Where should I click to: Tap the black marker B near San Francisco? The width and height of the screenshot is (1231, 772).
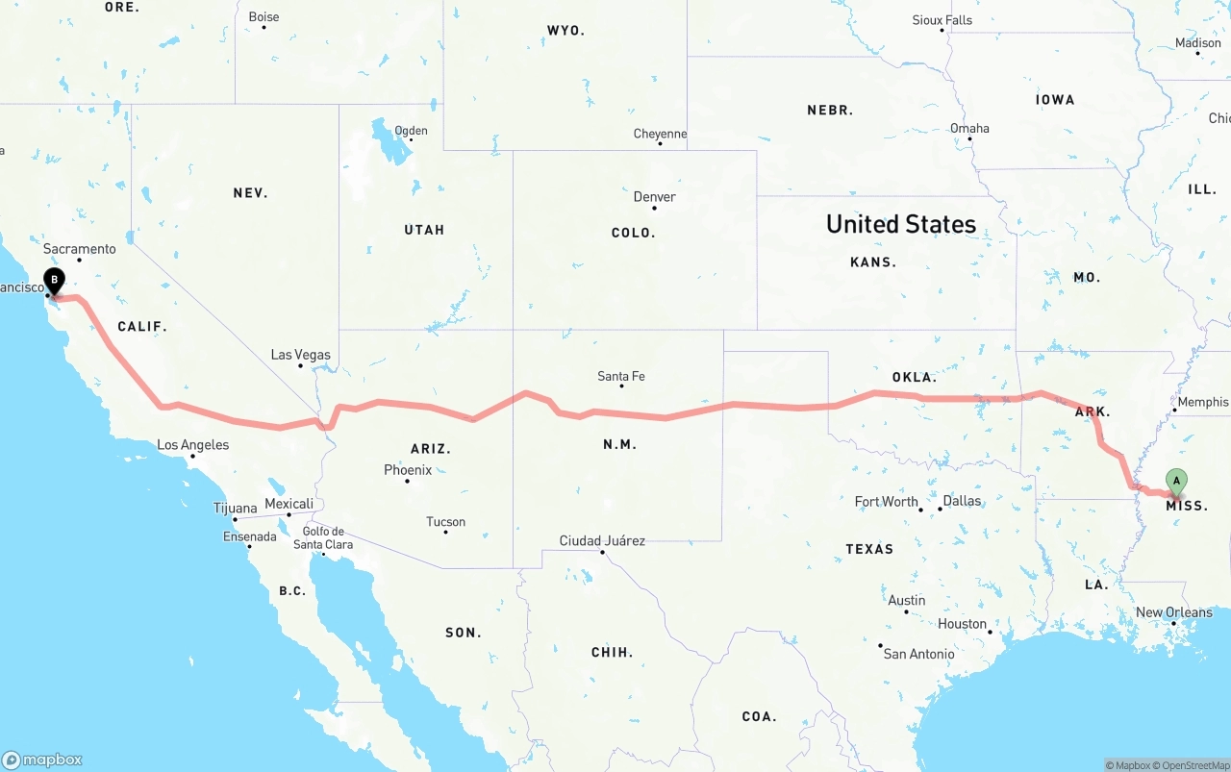click(55, 281)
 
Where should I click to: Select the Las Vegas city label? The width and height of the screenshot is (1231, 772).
click(300, 355)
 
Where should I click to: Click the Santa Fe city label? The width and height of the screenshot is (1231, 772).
click(621, 376)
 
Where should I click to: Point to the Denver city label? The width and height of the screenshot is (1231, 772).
click(654, 197)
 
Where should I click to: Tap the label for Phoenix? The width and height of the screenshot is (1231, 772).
click(408, 470)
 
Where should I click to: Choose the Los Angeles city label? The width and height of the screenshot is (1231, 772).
click(192, 445)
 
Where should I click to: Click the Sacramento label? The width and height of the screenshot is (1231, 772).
click(79, 249)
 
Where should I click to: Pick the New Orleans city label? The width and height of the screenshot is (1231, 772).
click(1174, 612)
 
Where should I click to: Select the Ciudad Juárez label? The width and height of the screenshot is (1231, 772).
click(602, 540)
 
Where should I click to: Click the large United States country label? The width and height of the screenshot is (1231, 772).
click(901, 224)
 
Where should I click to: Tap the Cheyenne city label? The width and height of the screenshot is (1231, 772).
click(660, 135)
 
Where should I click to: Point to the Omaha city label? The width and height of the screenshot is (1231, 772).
click(969, 129)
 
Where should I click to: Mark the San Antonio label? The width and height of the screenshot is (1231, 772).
click(918, 654)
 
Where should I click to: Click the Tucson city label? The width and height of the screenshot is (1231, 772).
click(445, 522)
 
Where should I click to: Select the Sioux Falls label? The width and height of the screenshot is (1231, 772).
click(942, 20)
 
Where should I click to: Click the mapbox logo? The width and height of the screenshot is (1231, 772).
click(42, 760)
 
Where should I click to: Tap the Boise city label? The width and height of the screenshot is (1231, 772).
click(264, 17)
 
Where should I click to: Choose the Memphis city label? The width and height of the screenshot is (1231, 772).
click(1202, 402)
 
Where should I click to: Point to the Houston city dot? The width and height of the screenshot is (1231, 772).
click(990, 632)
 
